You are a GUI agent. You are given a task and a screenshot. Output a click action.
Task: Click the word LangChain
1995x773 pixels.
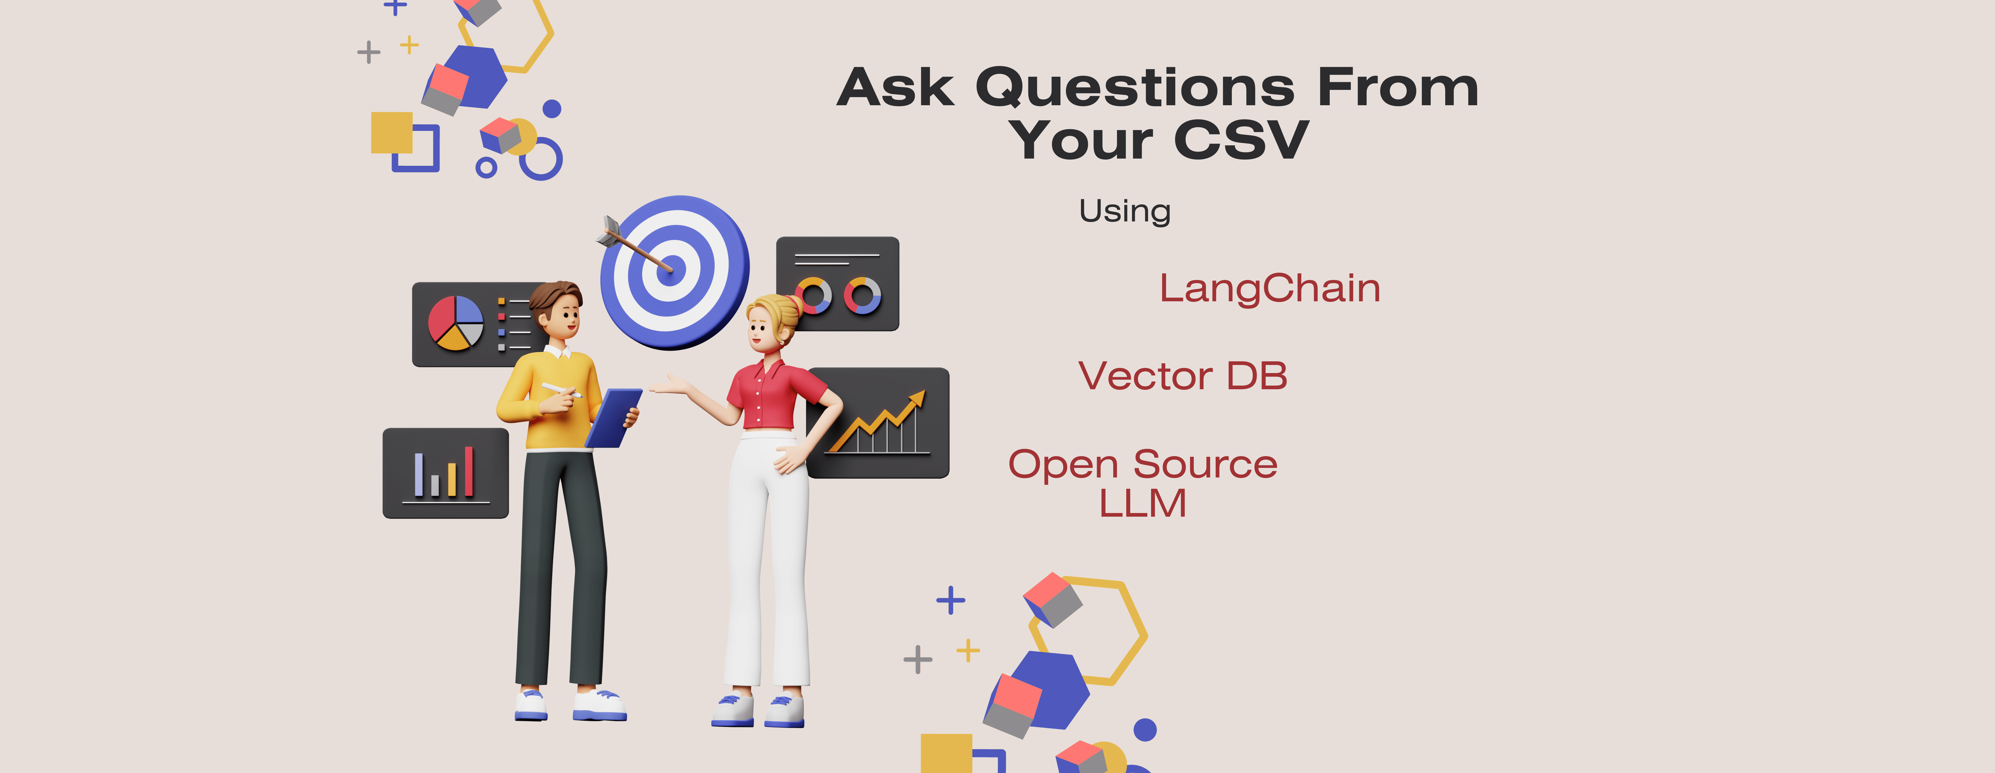coord(1269,289)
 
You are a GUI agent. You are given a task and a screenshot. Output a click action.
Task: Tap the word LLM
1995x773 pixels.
coord(1142,504)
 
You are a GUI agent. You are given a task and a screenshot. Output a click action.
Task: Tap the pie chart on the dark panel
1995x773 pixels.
coord(455,323)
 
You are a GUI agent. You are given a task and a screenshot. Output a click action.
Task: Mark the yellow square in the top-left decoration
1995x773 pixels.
coord(391,132)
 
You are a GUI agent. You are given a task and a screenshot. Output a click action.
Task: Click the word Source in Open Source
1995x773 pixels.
coord(1205,464)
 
